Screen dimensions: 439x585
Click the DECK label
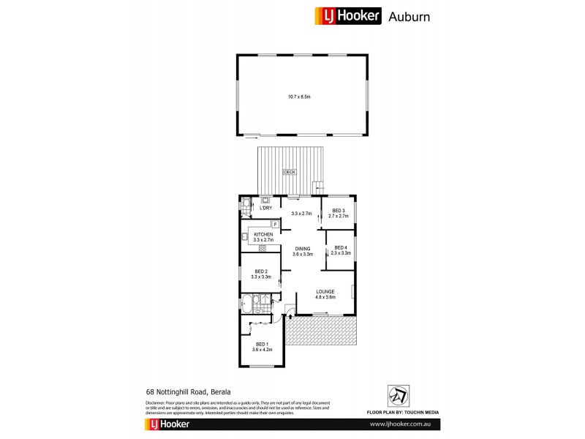click(289, 173)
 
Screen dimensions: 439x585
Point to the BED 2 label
click(261, 274)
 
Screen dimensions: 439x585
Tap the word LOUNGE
click(325, 291)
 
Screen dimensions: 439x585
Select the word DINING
click(302, 249)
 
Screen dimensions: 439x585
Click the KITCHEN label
click(263, 234)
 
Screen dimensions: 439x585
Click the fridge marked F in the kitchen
click(275, 223)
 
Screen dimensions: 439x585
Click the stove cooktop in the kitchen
click(262, 249)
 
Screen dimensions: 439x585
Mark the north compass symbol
click(397, 396)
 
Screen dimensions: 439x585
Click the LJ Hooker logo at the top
click(347, 16)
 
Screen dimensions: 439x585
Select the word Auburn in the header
click(407, 16)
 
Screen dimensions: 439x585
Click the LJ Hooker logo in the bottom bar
click(169, 424)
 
